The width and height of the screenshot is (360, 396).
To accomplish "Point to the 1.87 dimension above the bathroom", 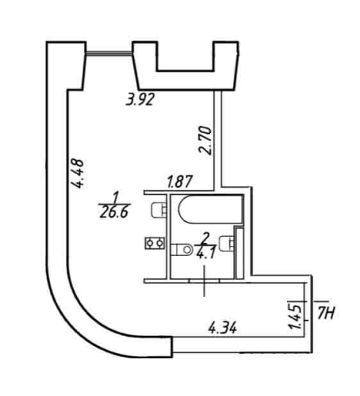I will pos(178,182).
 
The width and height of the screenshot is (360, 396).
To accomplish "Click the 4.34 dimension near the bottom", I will pos(222,326).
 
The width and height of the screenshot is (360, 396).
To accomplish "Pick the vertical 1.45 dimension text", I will pos(294,314).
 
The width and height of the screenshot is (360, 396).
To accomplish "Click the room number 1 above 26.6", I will pos(115,196).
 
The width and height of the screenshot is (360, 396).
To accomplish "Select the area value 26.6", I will pos(116,211).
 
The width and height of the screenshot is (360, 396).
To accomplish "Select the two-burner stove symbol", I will pos(153,243).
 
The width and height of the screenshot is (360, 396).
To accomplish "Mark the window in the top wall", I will pos(109,54).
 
